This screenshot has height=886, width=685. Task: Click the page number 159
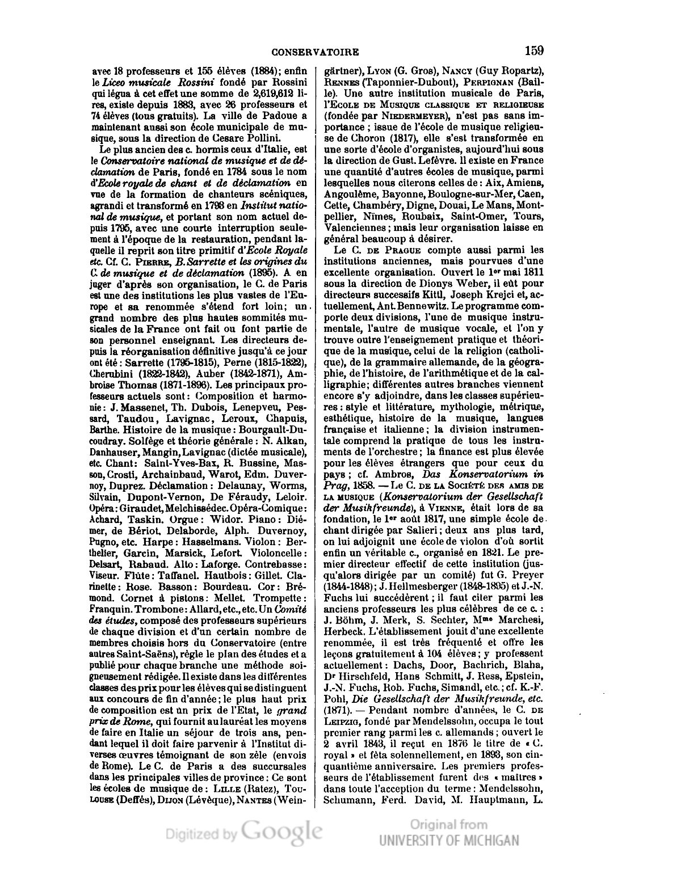(534, 50)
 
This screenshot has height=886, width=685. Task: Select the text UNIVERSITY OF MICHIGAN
(449, 840)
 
